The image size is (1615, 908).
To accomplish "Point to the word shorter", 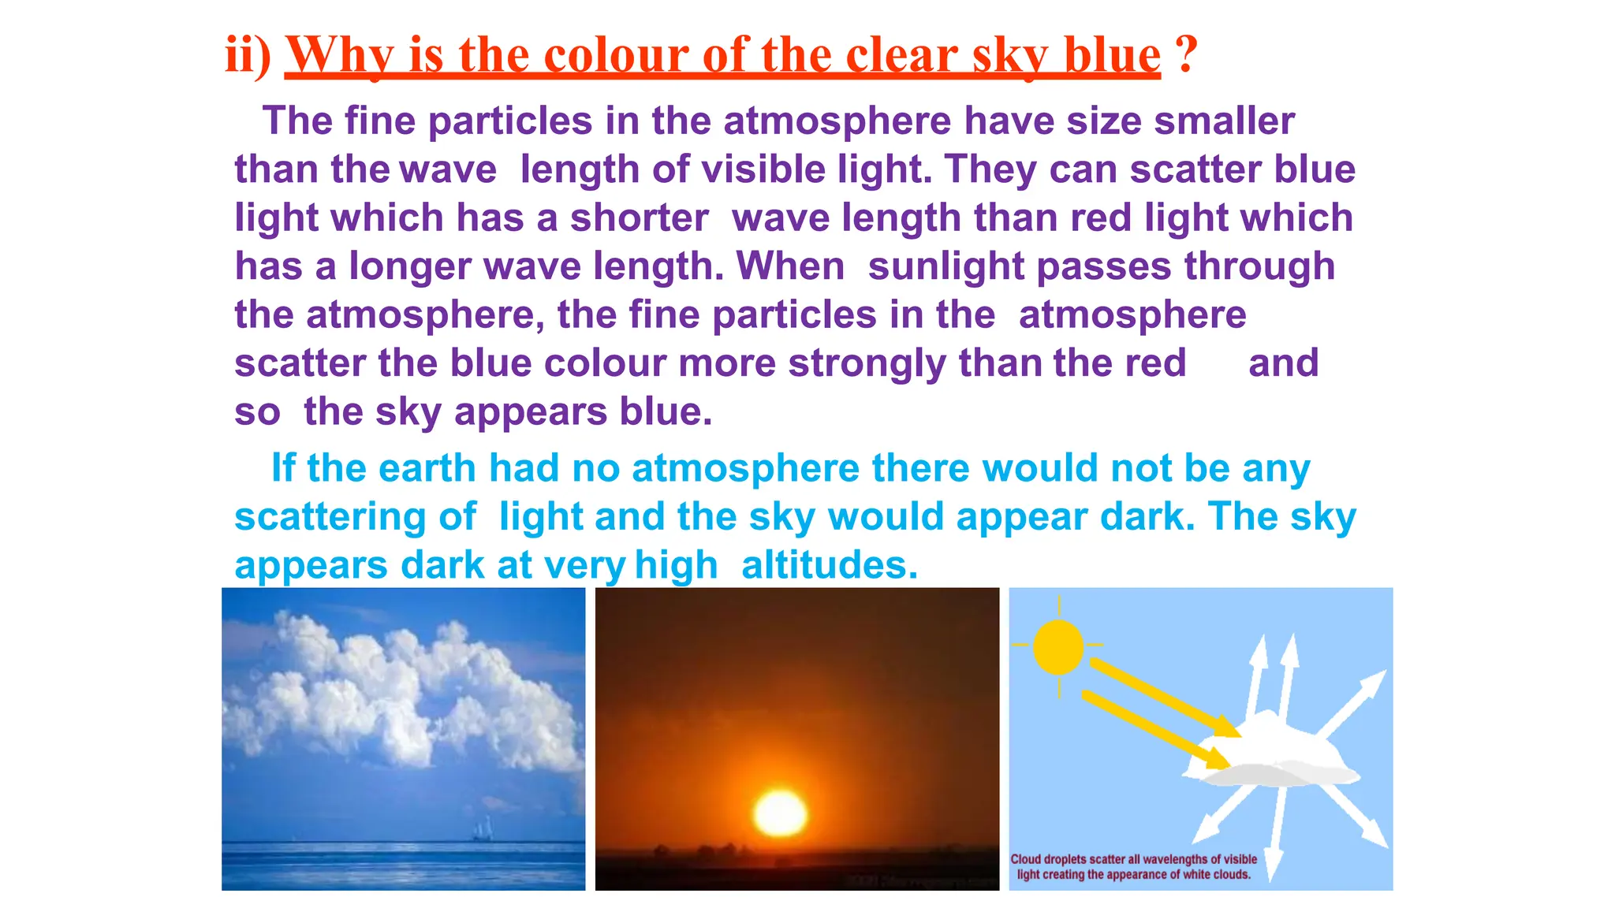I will [640, 218].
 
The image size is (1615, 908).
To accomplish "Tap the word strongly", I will [867, 364].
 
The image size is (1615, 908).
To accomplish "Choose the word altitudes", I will [830, 565].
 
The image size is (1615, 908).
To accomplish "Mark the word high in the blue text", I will [676, 565].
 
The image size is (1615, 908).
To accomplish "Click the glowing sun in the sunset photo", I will [780, 813].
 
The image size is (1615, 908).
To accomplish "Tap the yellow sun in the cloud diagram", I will [1057, 646].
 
